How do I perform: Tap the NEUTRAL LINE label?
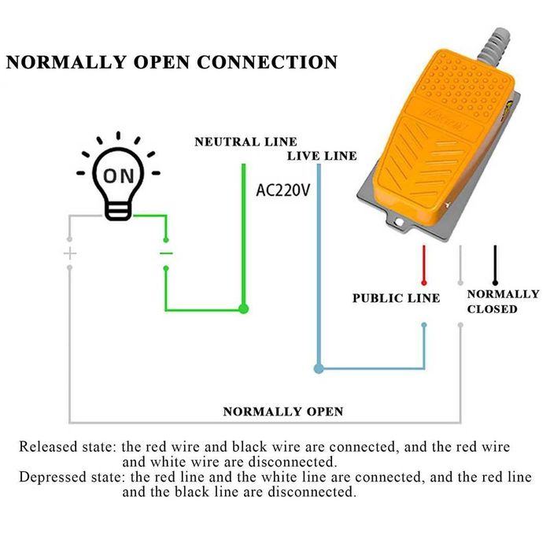pos(245,142)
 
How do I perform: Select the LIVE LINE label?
pos(321,156)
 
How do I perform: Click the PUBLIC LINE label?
pos(396,298)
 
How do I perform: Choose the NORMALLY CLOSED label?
pos(503,301)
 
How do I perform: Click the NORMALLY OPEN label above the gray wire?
pos(282,412)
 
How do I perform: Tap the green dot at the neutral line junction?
pos(244,309)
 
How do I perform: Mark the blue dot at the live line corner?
pos(319,368)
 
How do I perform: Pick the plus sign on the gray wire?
pos(70,253)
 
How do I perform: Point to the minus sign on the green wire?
pos(166,253)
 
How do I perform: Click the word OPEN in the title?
pos(154,62)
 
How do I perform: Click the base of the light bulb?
pos(118,210)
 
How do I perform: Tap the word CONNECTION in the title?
pos(268,62)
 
